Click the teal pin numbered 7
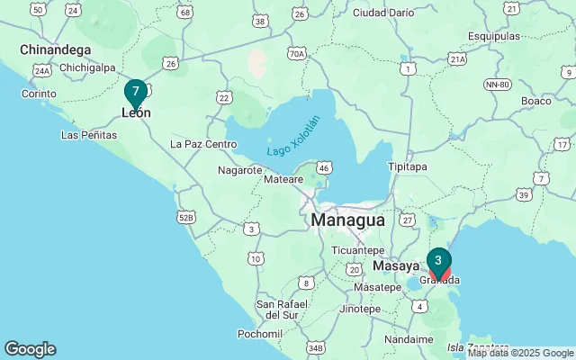(135, 92)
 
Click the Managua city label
(347, 220)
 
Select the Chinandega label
(56, 49)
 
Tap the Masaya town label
(397, 266)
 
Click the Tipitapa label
(411, 166)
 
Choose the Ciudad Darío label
(383, 13)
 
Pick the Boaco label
(535, 101)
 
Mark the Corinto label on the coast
(40, 94)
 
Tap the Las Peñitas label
(88, 135)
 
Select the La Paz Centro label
(203, 143)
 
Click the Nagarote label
(240, 169)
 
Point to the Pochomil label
(260, 333)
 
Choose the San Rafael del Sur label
(290, 309)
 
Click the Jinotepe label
(360, 309)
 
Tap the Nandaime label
(409, 339)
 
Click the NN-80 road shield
(497, 85)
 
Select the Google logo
(30, 349)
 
